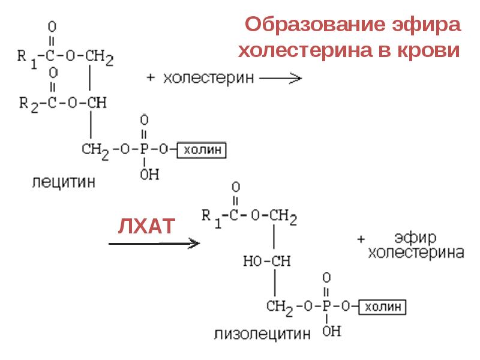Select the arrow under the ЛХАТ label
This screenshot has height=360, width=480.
point(154,243)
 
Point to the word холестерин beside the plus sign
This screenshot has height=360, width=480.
point(209,78)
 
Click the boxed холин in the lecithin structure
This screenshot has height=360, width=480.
point(202,149)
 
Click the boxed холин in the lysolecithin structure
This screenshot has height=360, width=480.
point(383,307)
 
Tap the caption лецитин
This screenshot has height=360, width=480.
point(63,181)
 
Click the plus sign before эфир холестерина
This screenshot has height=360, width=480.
point(361,239)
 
